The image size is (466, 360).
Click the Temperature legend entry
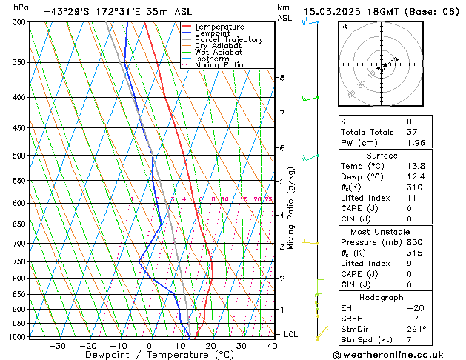pos(219,27)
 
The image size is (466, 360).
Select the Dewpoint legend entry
pos(214,33)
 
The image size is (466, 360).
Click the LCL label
pos(291,334)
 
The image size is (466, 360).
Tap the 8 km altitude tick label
pos(282,77)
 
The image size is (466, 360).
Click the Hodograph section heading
pos(382,297)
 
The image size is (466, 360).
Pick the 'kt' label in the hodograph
pos(344,27)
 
